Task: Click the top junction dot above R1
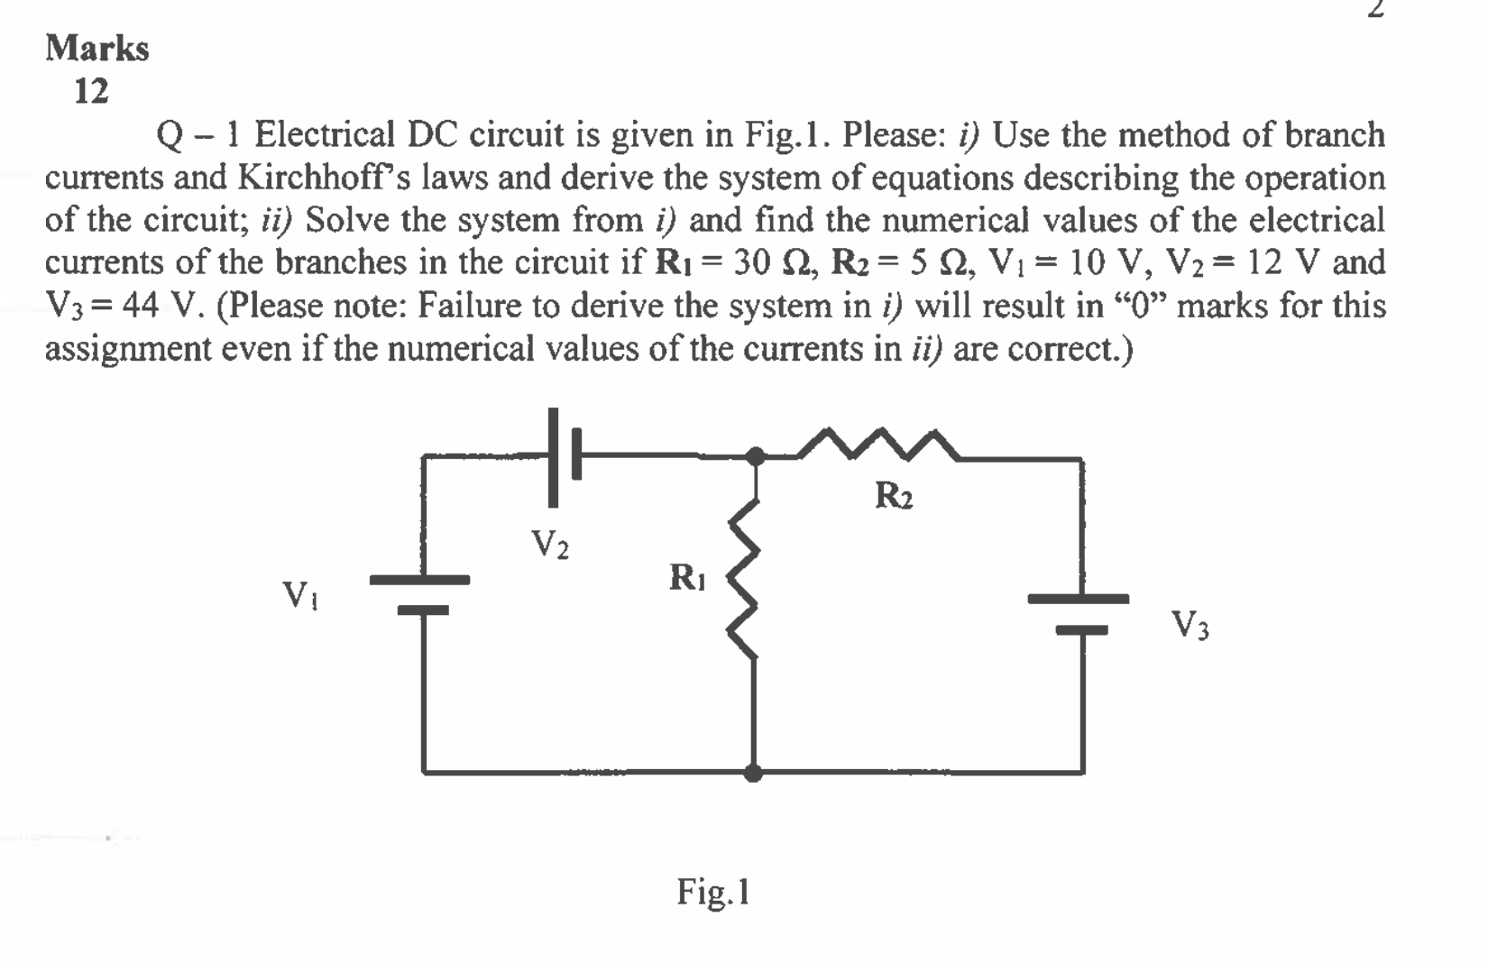tap(757, 457)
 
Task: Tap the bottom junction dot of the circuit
tap(754, 773)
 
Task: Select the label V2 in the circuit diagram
tap(549, 544)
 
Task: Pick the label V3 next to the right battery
tap(1189, 624)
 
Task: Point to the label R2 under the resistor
tap(894, 496)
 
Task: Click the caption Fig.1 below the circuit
tap(713, 892)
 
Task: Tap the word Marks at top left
tap(97, 48)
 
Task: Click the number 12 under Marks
tap(91, 91)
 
